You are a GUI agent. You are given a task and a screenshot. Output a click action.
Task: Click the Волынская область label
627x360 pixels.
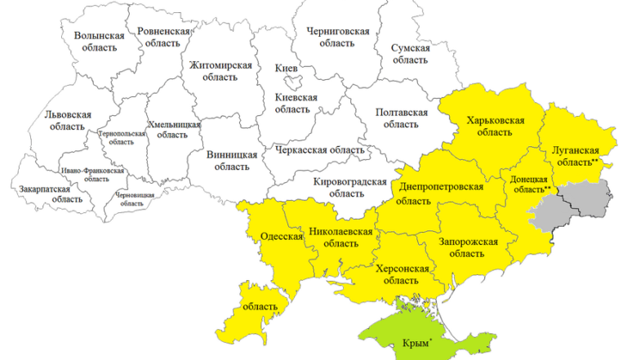coord(99,42)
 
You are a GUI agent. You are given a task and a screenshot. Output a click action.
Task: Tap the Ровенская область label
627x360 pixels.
coord(163,37)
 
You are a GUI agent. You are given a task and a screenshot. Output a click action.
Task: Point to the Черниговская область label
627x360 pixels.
coord(338,37)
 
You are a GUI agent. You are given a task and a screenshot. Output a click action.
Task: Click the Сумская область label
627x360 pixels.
coord(410,54)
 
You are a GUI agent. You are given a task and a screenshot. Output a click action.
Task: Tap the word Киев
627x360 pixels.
coord(287,67)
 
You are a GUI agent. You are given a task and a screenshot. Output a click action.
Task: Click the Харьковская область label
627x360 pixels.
coord(495,126)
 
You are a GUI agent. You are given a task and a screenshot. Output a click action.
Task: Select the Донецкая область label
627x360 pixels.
coord(530,183)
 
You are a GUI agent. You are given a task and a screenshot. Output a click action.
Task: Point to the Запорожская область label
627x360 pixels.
coord(467,247)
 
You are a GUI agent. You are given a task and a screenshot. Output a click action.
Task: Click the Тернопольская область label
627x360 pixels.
coord(121,136)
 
